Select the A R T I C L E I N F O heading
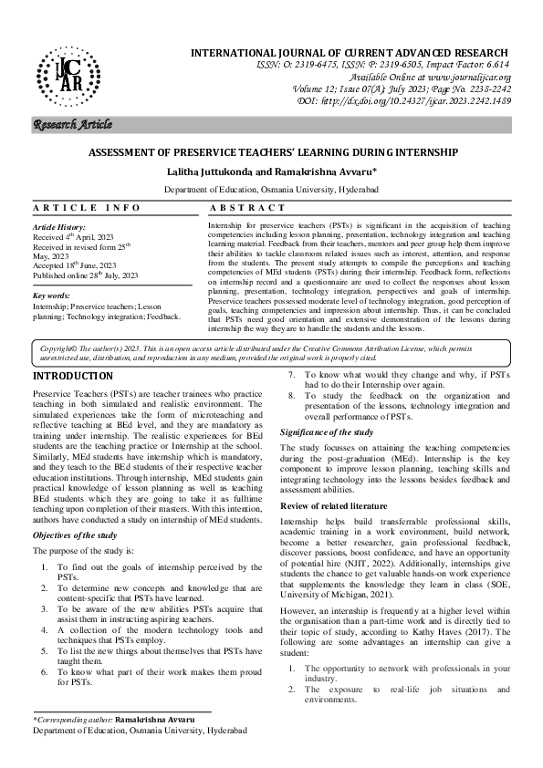pos(76,208)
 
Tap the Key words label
pos(51,296)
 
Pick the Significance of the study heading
pos(326,431)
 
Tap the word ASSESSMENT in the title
pos(148,155)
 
